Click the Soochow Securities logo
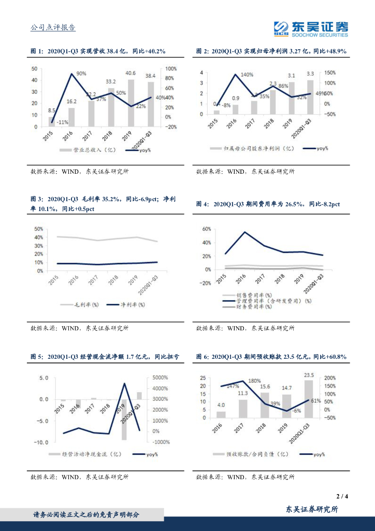pos(311,29)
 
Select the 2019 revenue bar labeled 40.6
pos(131,103)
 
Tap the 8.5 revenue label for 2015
pos(52,110)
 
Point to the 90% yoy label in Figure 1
pos(81,74)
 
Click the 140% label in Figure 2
pos(247,75)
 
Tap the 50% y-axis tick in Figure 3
pos(38,229)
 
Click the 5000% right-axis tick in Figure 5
pos(161,378)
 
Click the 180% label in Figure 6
pos(254,381)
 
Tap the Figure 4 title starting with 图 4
pos(268,204)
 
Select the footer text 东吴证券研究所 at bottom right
pos(312,510)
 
